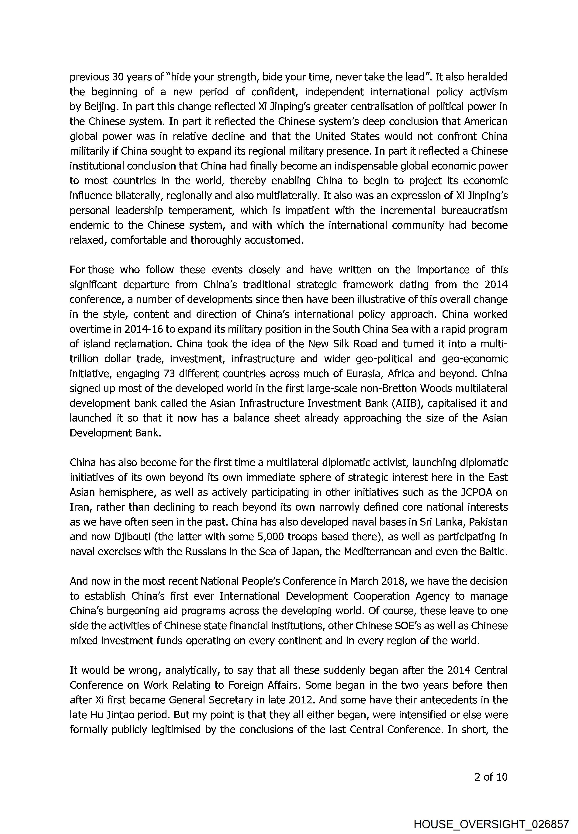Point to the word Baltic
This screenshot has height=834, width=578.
tap(491, 552)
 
